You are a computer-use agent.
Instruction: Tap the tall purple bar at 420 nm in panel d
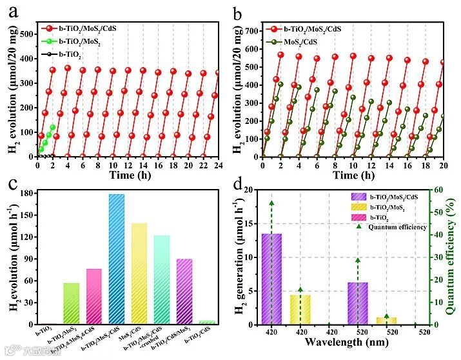[x=271, y=278]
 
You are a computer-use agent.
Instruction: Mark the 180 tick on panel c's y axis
[x=26, y=193]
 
